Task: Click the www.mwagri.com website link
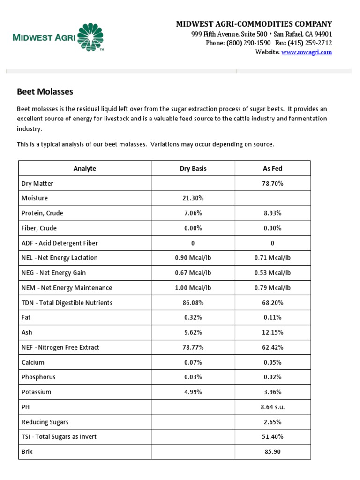tap(307, 52)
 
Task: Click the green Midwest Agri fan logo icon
tap(90, 37)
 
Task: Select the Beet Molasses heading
tap(45, 92)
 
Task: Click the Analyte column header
tap(85, 168)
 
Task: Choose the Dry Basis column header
tap(193, 168)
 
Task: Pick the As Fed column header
tap(272, 168)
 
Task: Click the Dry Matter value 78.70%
tap(272, 183)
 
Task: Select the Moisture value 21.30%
tap(193, 198)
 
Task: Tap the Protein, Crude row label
tap(42, 213)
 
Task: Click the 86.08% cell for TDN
tap(193, 303)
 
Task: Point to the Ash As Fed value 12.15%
tap(272, 332)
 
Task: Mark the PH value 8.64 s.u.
tap(272, 407)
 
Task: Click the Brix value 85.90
tap(272, 452)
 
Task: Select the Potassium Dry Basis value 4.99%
tap(193, 392)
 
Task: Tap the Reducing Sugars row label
tap(45, 422)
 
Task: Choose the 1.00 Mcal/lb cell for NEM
tap(193, 288)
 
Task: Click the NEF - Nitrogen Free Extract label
tap(60, 347)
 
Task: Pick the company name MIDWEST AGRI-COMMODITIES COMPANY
tap(254, 24)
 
